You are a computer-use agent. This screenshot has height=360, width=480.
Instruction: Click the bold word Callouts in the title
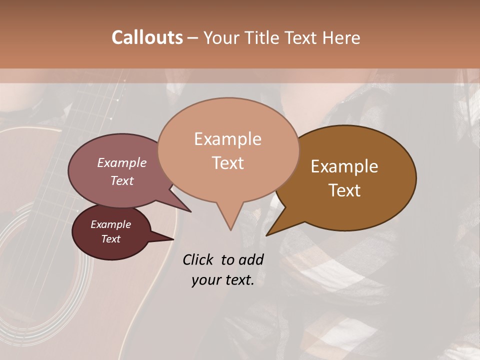click(147, 37)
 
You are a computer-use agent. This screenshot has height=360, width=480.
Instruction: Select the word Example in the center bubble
click(227, 139)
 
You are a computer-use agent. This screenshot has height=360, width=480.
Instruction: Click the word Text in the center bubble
click(227, 163)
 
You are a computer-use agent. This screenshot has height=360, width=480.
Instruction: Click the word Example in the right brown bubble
click(344, 166)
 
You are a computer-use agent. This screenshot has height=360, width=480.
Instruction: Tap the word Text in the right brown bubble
click(344, 190)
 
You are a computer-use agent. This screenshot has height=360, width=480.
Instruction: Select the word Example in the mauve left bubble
click(121, 162)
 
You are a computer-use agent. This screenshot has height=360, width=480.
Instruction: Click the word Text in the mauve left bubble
click(121, 180)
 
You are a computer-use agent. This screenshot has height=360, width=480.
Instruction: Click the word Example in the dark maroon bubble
click(110, 224)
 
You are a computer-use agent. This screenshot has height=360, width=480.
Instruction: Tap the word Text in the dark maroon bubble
click(110, 239)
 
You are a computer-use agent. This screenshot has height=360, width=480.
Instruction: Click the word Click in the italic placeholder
click(199, 259)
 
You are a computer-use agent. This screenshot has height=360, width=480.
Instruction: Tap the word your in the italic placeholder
click(205, 280)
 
